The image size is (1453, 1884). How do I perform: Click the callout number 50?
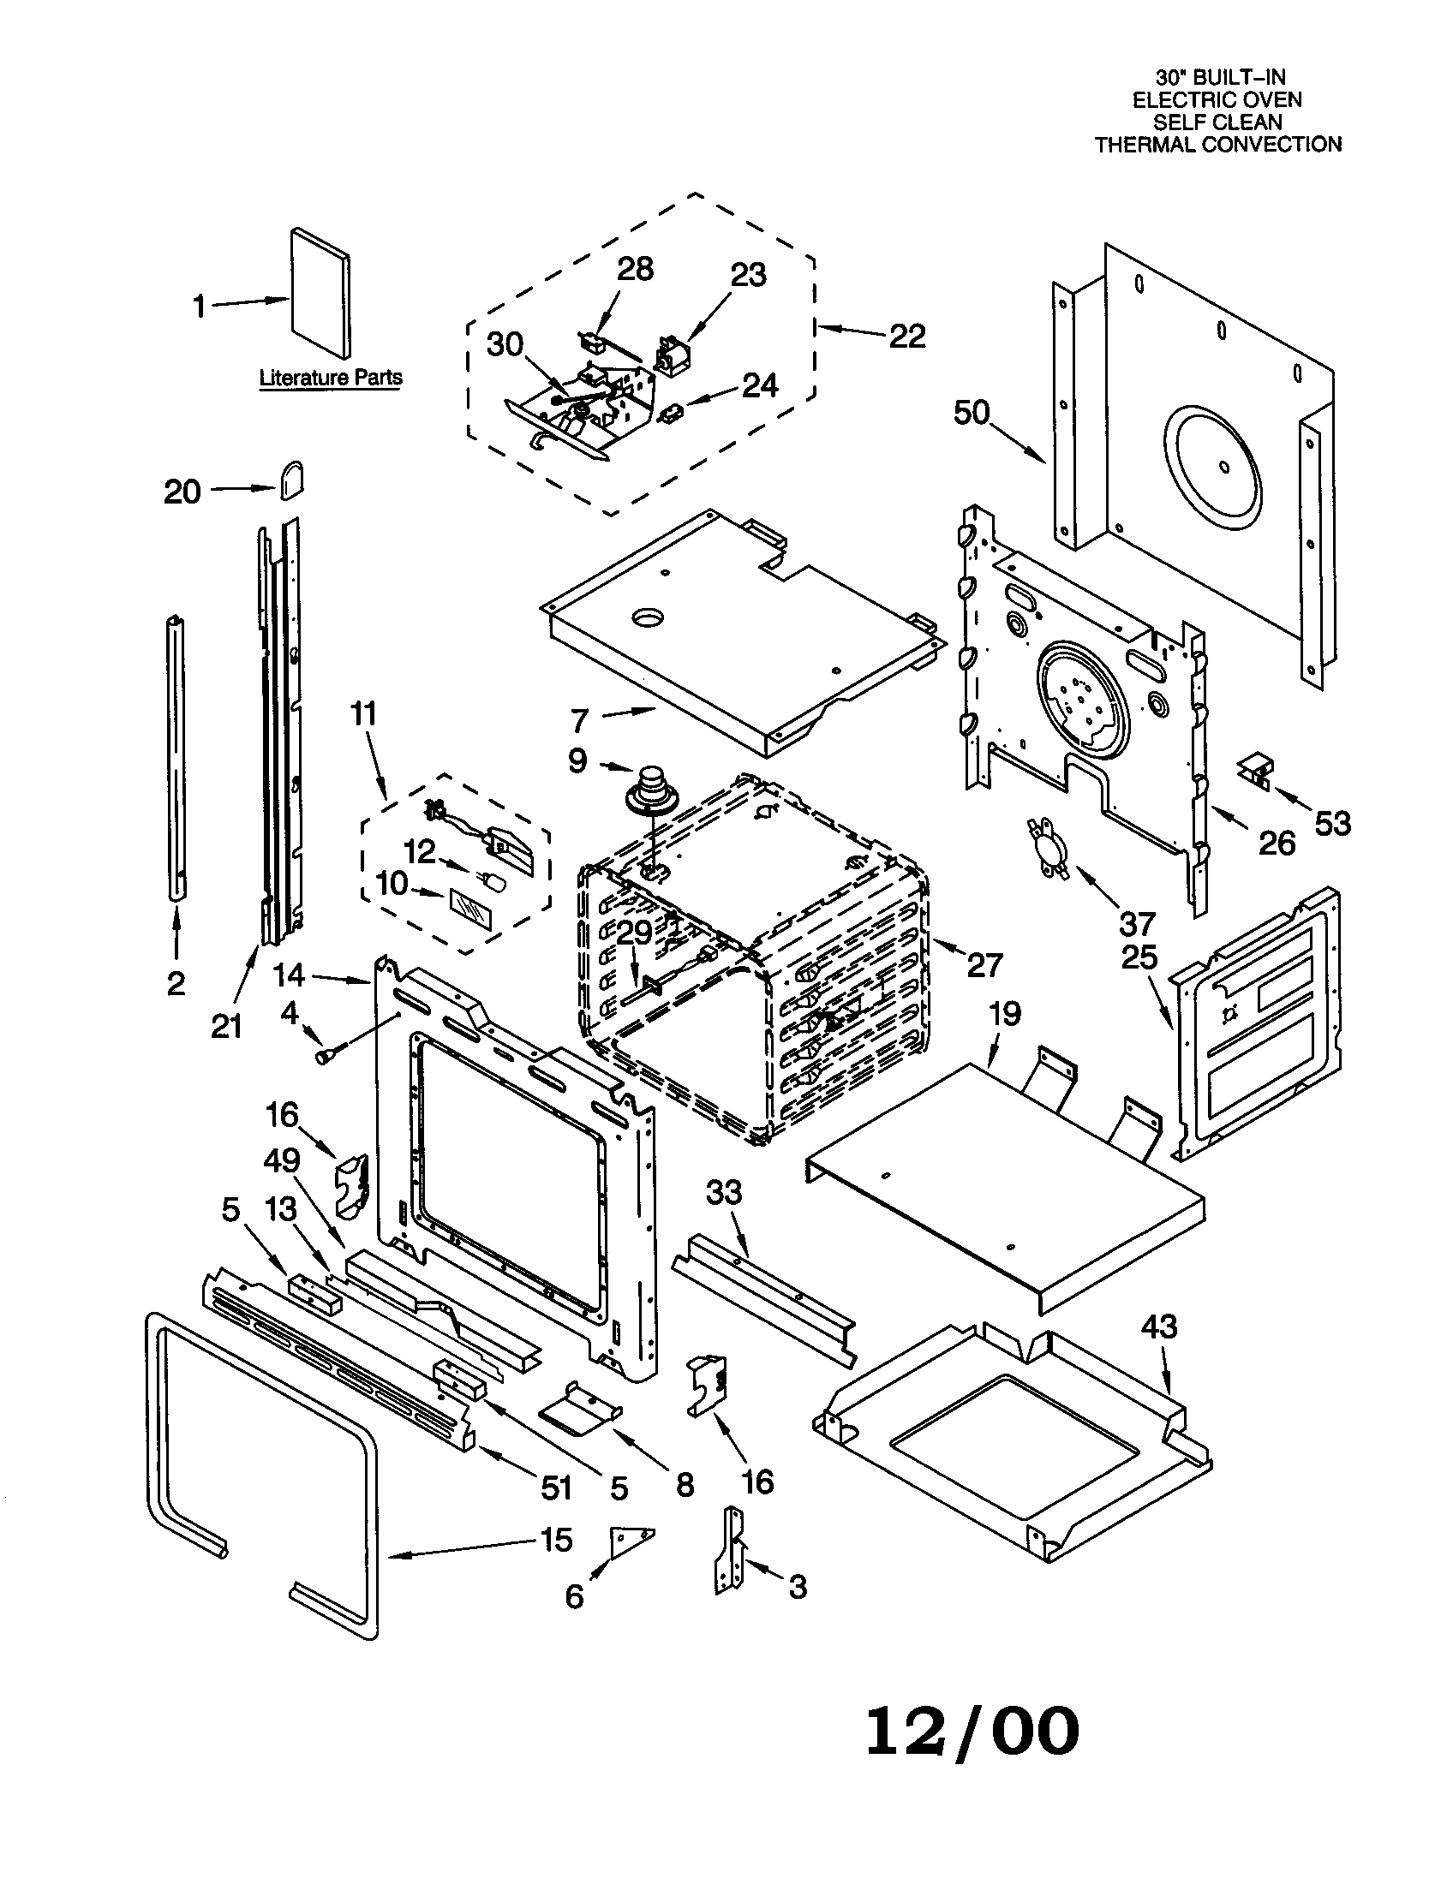tap(971, 413)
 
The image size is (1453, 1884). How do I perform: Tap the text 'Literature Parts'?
tap(331, 378)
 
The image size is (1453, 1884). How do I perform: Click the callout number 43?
tap(1158, 1326)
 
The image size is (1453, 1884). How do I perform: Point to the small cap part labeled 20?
tap(290, 480)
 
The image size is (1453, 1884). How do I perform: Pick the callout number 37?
tap(1136, 924)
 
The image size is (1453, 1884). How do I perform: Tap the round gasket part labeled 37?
tap(1048, 849)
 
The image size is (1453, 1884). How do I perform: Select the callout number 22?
tap(906, 336)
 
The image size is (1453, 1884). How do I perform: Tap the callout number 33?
tap(723, 1192)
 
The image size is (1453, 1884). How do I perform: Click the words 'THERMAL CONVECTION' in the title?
tap(1217, 145)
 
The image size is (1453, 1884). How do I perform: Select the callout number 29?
tap(634, 933)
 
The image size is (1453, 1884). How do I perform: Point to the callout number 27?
tap(984, 964)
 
